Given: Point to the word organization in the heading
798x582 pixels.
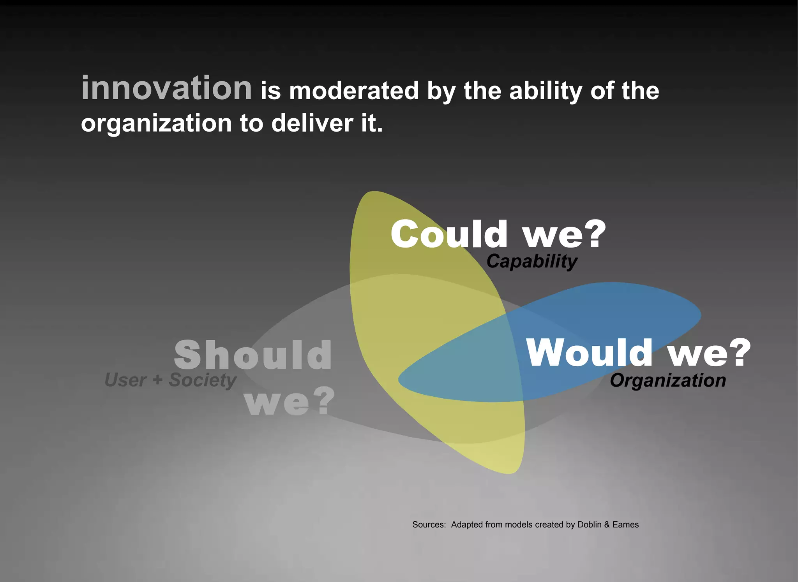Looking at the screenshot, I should click(x=156, y=124).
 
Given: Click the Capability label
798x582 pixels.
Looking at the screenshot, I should click(x=532, y=261).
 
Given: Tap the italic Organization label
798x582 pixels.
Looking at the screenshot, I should click(x=668, y=380).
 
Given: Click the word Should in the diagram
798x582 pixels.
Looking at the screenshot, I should click(x=253, y=355).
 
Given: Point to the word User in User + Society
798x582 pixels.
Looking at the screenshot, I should click(x=125, y=380).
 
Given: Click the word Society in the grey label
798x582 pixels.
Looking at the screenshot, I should click(x=202, y=380).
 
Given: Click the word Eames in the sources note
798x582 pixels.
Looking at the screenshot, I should click(x=625, y=524).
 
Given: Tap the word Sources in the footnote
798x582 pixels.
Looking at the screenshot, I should click(x=429, y=524).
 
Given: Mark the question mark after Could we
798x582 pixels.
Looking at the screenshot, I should click(x=593, y=234).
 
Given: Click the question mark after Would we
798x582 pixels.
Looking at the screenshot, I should click(x=738, y=352).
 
